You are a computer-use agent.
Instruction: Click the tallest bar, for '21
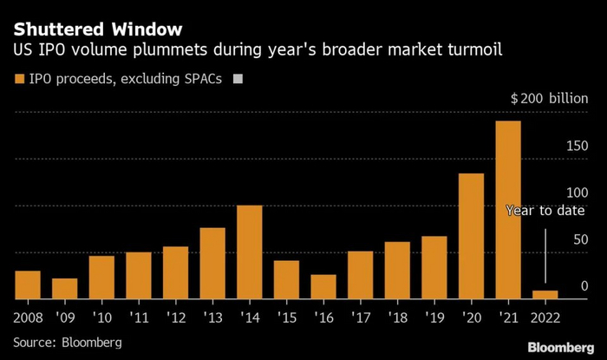pos(508,210)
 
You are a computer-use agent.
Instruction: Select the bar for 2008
pos(28,285)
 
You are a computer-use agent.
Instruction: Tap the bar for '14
pos(249,252)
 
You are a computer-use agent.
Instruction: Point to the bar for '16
pos(323,287)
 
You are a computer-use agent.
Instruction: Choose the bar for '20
pos(471,236)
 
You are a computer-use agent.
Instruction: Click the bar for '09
pos(65,289)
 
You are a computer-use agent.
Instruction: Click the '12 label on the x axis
pos(175,317)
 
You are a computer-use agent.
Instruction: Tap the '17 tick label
pos(360,317)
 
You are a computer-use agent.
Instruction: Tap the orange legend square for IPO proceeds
pos(18,80)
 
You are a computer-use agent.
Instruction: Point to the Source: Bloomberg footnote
pos(67,343)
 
